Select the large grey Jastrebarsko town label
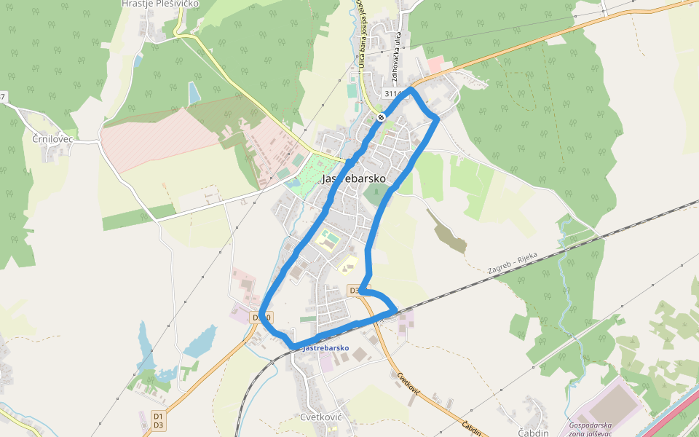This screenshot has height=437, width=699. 354,178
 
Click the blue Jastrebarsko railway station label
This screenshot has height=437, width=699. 325,348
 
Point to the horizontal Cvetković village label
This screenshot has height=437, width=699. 321,417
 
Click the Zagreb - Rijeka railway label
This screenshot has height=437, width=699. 513,263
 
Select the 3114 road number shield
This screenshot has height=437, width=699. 392,94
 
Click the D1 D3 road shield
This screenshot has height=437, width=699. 159,420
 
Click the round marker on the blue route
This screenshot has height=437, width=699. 382,117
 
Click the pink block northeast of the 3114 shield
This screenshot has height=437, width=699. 435,66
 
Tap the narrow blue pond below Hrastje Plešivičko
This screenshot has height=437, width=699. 194,92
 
